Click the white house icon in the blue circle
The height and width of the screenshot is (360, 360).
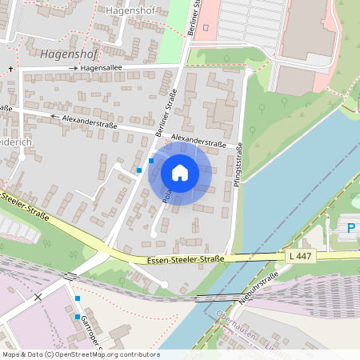180,173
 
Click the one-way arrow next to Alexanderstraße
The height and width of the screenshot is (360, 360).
54,117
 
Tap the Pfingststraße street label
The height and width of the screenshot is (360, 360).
238,172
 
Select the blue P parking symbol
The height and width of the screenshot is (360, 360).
350,230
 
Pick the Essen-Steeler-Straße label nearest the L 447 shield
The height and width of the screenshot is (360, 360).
186,259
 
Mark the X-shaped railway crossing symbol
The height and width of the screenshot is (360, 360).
38,297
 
